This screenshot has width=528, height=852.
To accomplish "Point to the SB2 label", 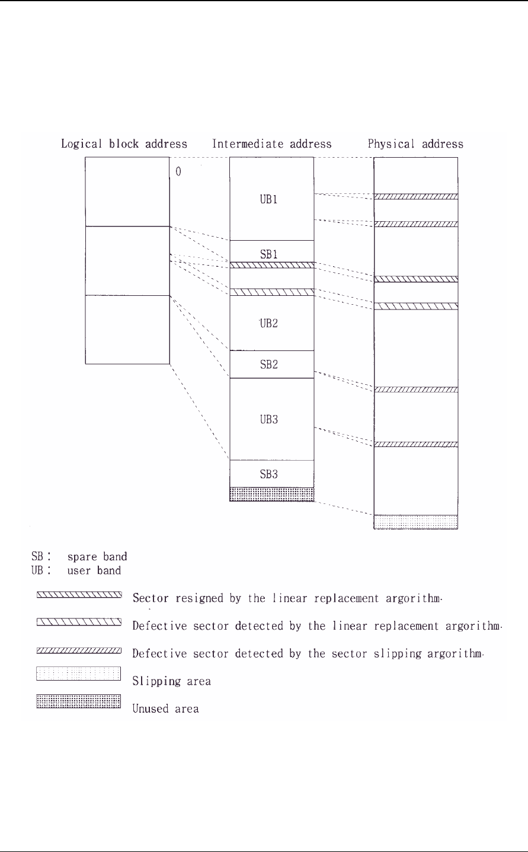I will click(270, 365).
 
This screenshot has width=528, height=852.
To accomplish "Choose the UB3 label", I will click(271, 419).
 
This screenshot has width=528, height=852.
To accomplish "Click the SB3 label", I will click(270, 474).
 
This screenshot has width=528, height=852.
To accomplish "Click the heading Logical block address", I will click(124, 144).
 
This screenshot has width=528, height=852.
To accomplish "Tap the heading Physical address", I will click(415, 144).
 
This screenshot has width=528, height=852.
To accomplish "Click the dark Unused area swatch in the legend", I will click(79, 702).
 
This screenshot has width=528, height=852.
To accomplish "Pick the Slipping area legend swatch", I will click(79, 675).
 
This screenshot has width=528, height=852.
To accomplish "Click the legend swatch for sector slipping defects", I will click(79, 651).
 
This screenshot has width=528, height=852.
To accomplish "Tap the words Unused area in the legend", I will click(166, 709).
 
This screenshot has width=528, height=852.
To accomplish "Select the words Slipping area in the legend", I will click(172, 681).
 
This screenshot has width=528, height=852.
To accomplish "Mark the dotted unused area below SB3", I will click(271, 494).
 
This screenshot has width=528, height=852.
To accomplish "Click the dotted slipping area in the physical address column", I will click(415, 522).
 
